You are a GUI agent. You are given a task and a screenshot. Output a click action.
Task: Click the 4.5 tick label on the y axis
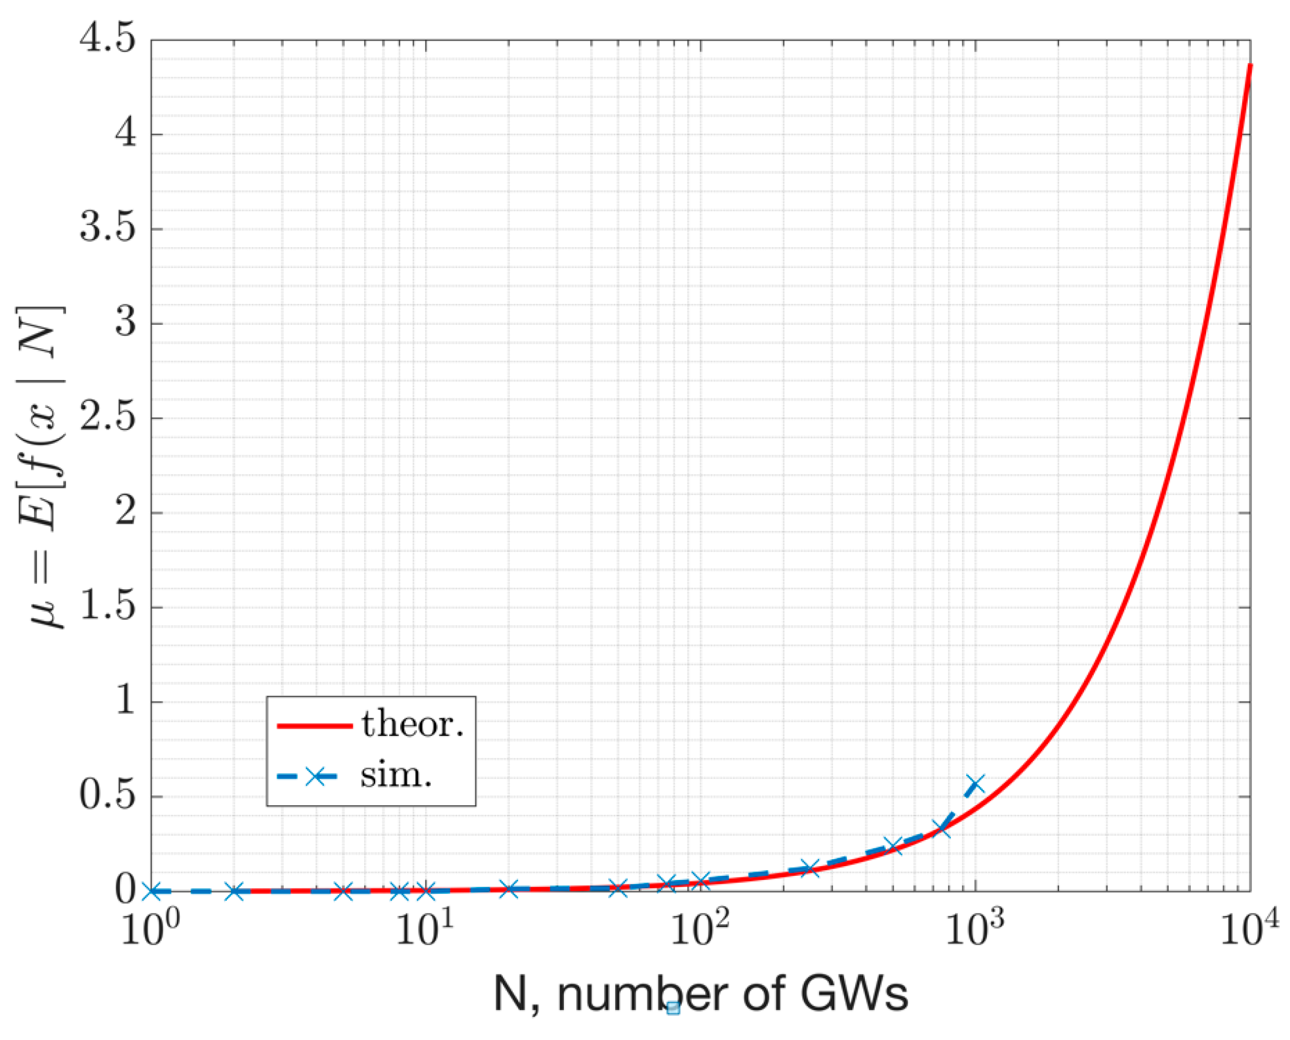coord(107,40)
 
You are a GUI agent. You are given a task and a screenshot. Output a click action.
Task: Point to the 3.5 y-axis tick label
coord(107,229)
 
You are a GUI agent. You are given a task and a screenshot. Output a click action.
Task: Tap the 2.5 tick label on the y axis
coord(107,418)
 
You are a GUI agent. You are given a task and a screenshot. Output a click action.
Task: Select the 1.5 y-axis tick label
coord(107,607)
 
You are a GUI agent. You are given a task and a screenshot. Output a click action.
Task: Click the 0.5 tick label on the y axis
coord(107,796)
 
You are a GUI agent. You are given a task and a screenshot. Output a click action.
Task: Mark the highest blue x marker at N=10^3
coord(975,784)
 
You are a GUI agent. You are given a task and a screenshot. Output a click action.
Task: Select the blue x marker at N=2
coord(236,891)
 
